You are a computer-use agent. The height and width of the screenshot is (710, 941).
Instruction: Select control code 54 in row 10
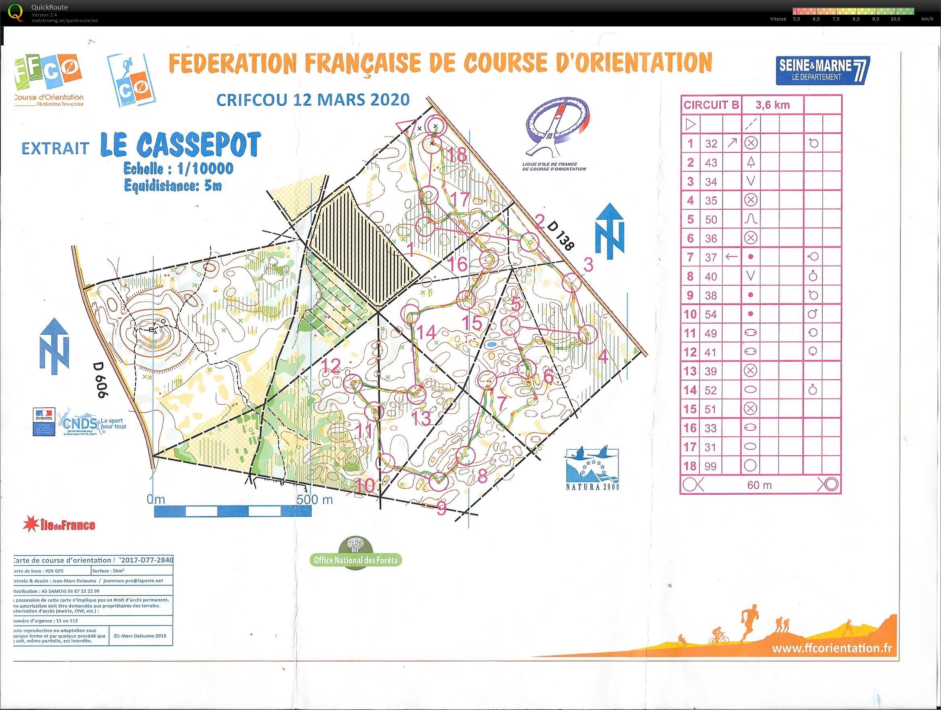tap(711, 314)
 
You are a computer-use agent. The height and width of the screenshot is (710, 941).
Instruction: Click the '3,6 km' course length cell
tap(772, 105)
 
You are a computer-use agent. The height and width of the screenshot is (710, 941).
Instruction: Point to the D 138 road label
tap(561, 236)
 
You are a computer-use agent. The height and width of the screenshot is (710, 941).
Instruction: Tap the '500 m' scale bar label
tap(314, 499)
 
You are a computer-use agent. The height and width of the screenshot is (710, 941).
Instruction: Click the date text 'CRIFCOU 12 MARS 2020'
tap(313, 100)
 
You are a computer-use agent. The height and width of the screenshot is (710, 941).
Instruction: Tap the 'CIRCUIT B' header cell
tap(711, 105)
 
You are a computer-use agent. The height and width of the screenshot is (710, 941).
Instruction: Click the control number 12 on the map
tap(331, 366)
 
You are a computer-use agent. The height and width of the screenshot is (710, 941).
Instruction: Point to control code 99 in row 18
tap(711, 466)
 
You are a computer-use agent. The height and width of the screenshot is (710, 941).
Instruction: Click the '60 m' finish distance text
tap(759, 485)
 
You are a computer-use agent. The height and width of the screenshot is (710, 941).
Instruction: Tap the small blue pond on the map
tap(492, 344)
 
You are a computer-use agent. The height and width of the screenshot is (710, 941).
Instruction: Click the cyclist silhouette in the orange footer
tap(719, 646)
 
